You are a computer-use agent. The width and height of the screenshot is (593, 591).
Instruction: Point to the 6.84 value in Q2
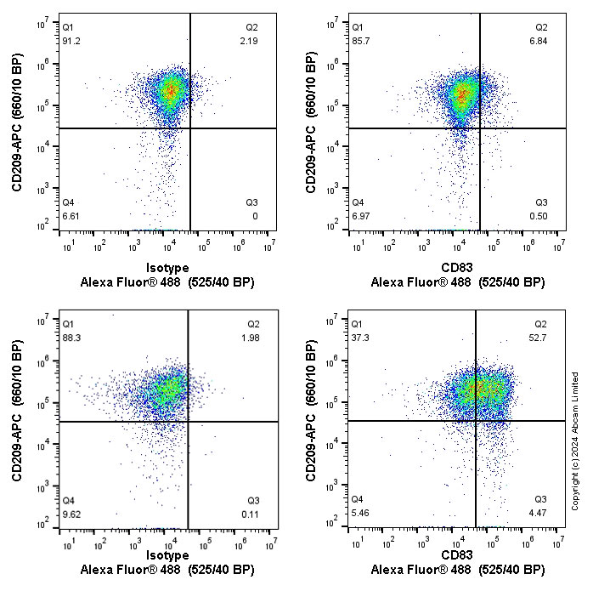(539, 42)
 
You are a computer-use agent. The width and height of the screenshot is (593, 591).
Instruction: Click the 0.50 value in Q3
(539, 216)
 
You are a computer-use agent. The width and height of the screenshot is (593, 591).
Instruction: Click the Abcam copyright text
(575, 441)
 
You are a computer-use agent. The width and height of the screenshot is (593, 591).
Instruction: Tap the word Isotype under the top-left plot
(167, 268)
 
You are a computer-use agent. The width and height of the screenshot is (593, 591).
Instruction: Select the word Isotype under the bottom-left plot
(167, 555)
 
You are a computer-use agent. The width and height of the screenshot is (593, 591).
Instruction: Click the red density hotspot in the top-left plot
(172, 88)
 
